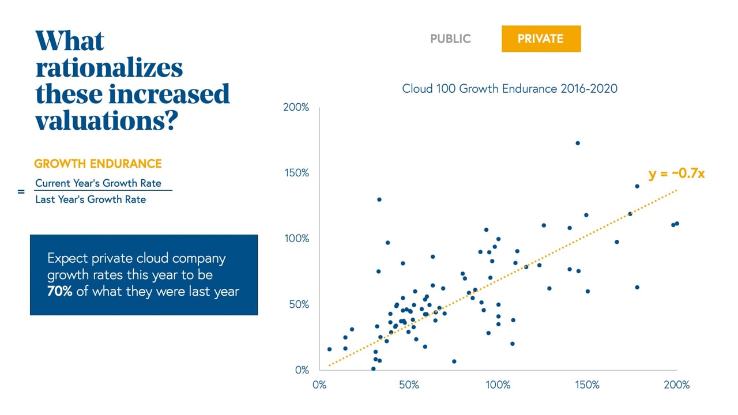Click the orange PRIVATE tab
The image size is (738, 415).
(x=540, y=39)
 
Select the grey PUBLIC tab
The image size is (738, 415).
(x=450, y=39)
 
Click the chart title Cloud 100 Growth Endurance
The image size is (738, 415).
(x=510, y=89)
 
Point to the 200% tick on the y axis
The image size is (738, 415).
(x=296, y=108)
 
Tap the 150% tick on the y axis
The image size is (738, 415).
(x=296, y=173)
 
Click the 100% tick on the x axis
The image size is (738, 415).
(x=498, y=384)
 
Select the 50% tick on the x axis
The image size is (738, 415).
(x=409, y=384)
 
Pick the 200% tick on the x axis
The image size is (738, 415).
(x=676, y=384)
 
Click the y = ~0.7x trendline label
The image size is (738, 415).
(x=676, y=173)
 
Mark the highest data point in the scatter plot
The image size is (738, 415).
(x=577, y=143)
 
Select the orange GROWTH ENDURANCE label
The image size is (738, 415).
(x=98, y=164)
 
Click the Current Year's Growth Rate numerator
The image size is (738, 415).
(x=98, y=183)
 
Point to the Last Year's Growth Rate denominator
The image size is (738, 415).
(x=91, y=199)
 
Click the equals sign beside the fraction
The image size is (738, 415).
(x=21, y=191)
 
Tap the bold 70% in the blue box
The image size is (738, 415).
(x=59, y=292)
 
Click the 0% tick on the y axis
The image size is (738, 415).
(x=302, y=369)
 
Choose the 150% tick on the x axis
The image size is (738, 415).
(x=587, y=384)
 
